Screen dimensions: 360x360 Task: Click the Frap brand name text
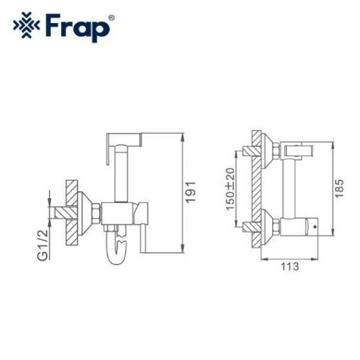click(x=77, y=28)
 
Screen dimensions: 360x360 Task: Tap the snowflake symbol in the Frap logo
click(x=27, y=25)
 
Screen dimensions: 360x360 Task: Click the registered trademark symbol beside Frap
click(x=112, y=18)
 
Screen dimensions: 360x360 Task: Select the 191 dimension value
click(x=191, y=192)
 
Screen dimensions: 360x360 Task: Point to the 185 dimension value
click(x=339, y=189)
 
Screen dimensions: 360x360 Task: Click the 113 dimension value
click(x=290, y=266)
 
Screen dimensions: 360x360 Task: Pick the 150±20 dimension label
click(x=230, y=189)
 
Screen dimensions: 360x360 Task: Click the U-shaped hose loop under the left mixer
click(x=116, y=250)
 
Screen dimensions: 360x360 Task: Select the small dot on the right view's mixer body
click(x=315, y=226)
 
